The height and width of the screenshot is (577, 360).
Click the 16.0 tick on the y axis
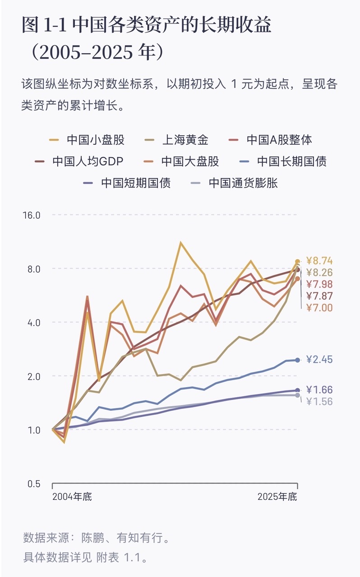coord(32,215)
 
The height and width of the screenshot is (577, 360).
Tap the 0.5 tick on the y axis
coord(34,484)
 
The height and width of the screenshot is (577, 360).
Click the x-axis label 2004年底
coord(72,497)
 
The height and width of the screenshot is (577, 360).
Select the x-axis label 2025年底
coord(277,497)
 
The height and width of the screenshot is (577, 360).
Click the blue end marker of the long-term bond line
coord(297,360)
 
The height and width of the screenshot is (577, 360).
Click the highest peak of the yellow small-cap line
coord(181,243)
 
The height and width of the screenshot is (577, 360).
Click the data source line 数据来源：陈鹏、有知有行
coord(97,538)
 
